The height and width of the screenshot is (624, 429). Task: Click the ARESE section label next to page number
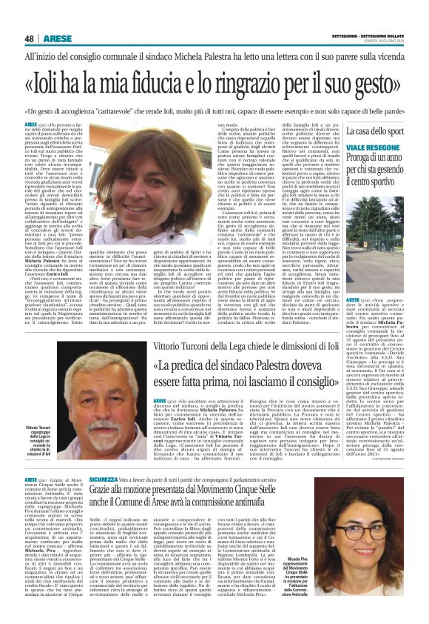[x=56, y=39]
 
